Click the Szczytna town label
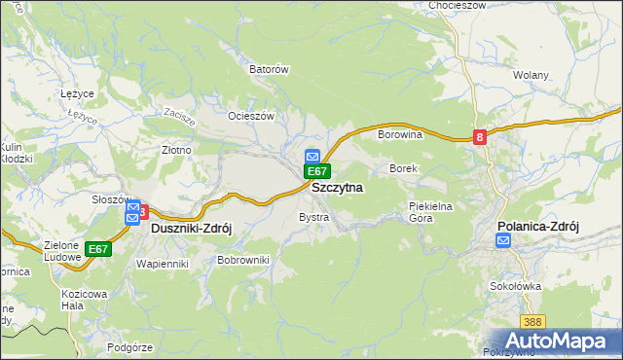(x=337, y=187)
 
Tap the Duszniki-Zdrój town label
(x=192, y=228)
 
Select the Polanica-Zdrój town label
(x=537, y=226)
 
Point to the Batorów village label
(x=270, y=70)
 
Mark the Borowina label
(x=399, y=134)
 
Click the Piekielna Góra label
(x=433, y=212)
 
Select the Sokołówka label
(x=516, y=287)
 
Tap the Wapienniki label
(x=162, y=264)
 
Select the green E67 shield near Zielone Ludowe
(x=97, y=249)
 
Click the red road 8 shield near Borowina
(x=480, y=138)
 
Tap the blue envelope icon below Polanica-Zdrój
(x=502, y=241)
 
